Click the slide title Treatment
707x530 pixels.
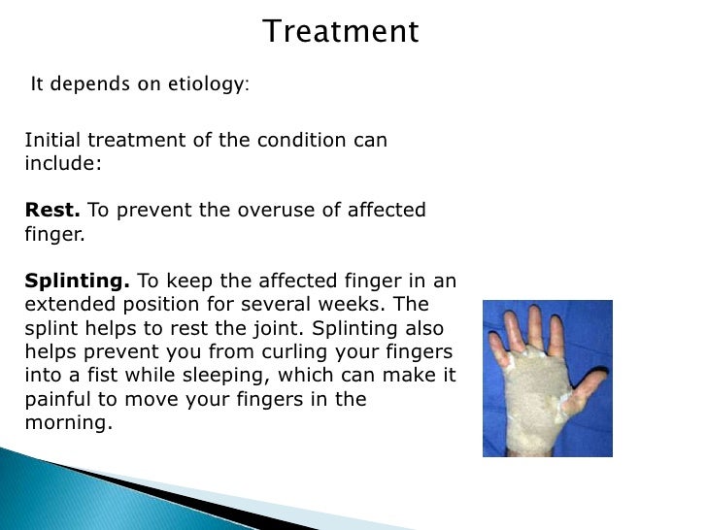(x=341, y=32)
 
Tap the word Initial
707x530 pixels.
(x=50, y=140)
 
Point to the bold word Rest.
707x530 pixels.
(x=52, y=211)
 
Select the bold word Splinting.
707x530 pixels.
(x=77, y=282)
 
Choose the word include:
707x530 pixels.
(x=62, y=163)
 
